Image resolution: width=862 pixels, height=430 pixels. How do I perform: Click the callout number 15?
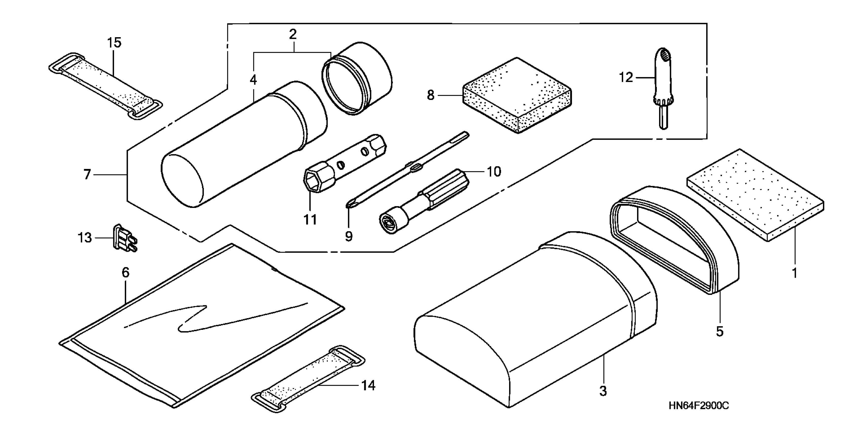point(114,43)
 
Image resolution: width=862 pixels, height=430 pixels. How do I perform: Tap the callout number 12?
point(626,77)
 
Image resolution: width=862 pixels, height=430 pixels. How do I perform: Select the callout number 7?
point(87,175)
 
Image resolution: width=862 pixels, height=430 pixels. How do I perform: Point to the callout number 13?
point(84,238)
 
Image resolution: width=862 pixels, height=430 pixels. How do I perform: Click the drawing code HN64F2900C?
point(698,406)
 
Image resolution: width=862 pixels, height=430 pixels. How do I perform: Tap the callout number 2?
point(293,34)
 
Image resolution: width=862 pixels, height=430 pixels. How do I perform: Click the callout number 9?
point(349,236)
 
